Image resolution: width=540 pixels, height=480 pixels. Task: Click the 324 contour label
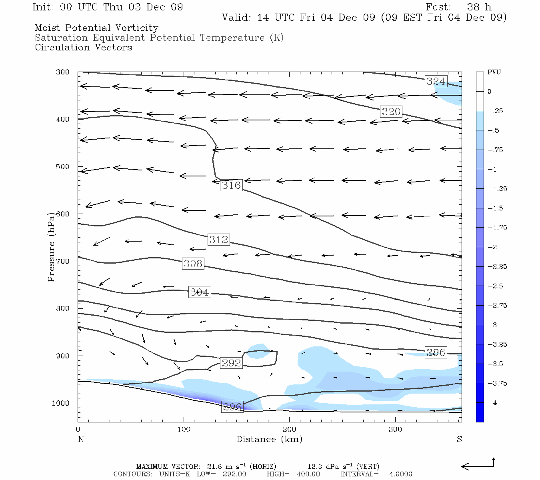coord(436,81)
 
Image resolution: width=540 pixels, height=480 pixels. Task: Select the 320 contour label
coord(391,112)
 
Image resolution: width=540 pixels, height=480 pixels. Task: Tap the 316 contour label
coord(231,185)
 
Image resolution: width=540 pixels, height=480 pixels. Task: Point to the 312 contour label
coord(218,240)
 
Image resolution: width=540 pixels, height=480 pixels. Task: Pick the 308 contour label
coord(193,264)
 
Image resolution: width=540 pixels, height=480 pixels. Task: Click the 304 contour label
coord(199,292)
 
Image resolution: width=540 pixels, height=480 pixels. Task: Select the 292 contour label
coord(231,363)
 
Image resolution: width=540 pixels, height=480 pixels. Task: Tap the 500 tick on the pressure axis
coord(63,167)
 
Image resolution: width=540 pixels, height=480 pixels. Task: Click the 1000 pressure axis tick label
coord(61,403)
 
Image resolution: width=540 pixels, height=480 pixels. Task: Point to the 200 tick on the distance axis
coord(290,430)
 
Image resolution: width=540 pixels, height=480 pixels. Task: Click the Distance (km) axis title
coord(269,439)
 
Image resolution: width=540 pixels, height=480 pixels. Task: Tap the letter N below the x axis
coord(81,439)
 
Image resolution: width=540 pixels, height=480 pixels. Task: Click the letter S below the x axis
coord(459,439)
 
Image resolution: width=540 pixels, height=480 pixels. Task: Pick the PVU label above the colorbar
coord(494,72)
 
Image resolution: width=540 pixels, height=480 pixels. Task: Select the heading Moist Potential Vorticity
coord(96,28)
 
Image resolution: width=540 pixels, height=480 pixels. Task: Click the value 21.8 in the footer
coord(214,466)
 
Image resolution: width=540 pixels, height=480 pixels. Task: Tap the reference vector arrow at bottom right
coord(478,465)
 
